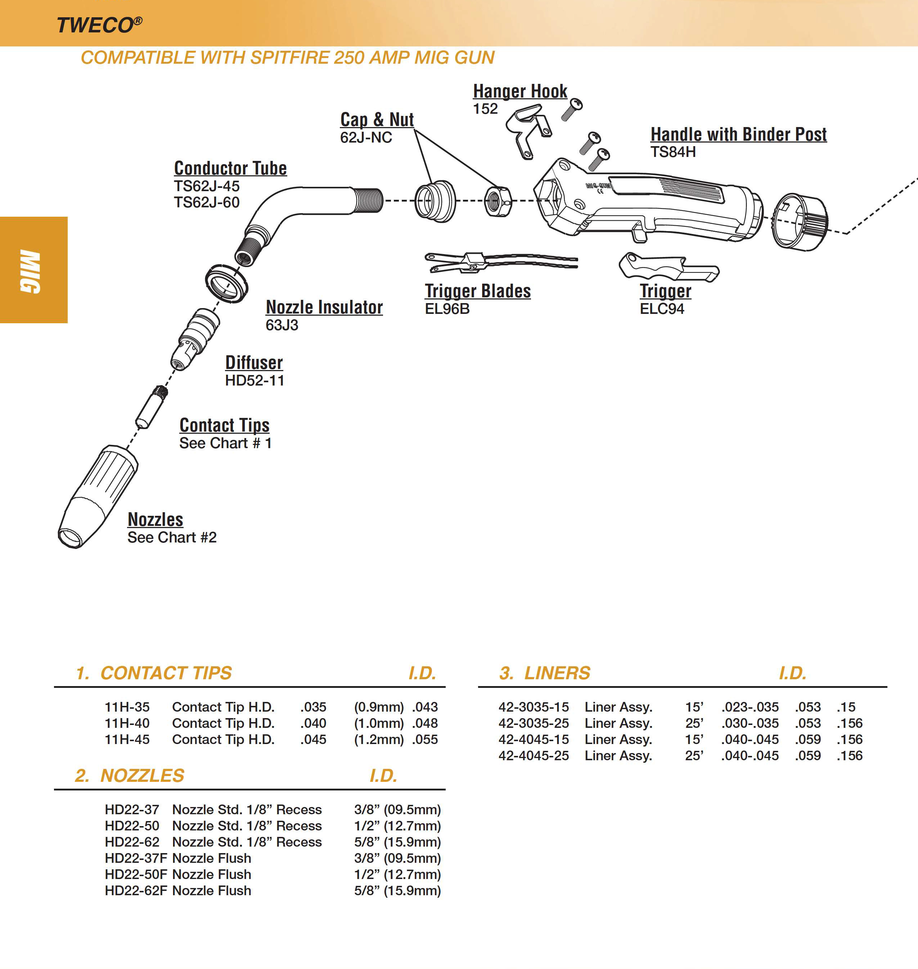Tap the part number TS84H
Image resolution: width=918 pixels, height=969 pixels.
(x=672, y=152)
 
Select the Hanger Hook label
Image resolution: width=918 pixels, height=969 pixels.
(x=520, y=91)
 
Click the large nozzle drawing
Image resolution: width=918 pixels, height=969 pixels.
(x=98, y=497)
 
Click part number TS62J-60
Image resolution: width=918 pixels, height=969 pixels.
(x=207, y=202)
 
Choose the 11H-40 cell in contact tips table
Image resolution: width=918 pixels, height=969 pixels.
(x=127, y=723)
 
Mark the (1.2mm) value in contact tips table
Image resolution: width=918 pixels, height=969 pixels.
(x=378, y=739)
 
